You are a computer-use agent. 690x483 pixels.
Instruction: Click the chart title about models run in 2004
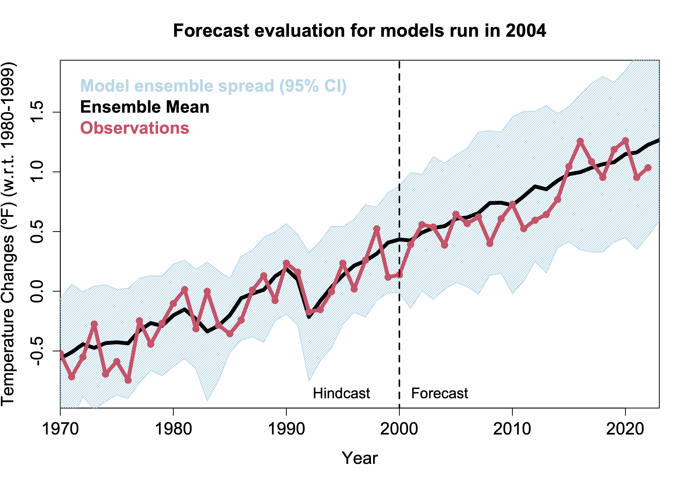pos(359,31)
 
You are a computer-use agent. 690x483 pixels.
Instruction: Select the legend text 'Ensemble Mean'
pos(145,107)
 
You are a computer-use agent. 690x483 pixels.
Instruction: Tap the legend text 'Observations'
pos(135,128)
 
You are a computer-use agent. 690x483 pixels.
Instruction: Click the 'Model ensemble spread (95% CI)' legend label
pos(213,86)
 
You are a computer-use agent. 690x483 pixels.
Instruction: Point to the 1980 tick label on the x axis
pos(173,429)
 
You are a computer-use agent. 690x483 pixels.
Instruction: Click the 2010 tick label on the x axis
pos(512,429)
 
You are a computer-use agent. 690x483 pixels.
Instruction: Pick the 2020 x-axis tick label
pos(625,429)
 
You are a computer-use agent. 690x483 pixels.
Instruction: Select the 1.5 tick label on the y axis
pos(37,112)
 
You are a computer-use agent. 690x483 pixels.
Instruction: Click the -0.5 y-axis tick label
pos(37,351)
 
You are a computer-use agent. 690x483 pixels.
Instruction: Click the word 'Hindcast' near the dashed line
pos(341,393)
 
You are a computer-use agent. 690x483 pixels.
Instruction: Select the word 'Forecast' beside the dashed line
pos(439,393)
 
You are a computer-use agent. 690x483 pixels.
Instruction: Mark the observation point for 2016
pos(580,141)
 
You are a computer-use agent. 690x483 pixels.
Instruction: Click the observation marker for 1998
pos(376,229)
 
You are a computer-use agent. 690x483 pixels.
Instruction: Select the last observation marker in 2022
pos(648,168)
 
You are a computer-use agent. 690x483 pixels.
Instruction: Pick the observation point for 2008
pos(489,243)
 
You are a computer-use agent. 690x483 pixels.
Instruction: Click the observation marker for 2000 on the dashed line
pos(399,275)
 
